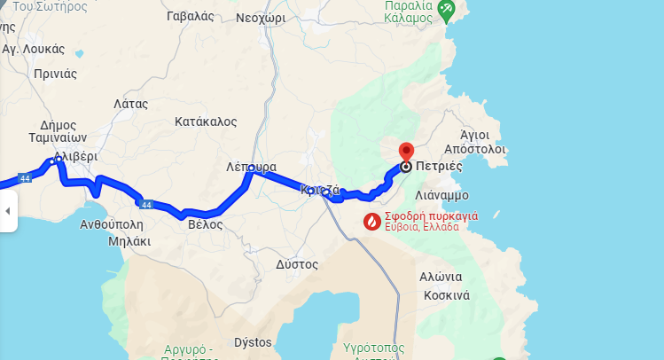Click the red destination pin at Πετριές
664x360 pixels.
point(406,153)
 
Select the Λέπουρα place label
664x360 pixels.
point(251,167)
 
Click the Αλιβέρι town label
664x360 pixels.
point(75,156)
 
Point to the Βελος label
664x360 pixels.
point(205,224)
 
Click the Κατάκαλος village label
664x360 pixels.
point(206,120)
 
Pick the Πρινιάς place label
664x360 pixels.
point(56,74)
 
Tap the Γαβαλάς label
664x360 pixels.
point(190,17)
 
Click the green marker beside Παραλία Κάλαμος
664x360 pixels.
point(445,11)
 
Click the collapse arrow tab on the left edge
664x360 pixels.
point(8,211)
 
